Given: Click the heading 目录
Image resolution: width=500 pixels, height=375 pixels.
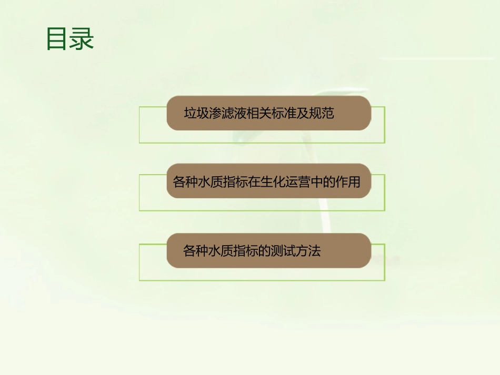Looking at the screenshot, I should (70, 39).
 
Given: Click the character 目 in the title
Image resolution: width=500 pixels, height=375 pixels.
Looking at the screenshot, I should (57, 39).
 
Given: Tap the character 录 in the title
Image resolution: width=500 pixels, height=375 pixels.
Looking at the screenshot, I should (82, 39).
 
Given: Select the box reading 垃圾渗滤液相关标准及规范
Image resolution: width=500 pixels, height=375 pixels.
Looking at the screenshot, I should (269, 113).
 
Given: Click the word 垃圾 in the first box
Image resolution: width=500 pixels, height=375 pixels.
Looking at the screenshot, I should (196, 113).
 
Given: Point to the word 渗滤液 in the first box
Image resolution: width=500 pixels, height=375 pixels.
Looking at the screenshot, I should (228, 113).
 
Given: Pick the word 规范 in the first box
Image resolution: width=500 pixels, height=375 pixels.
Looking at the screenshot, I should (322, 113).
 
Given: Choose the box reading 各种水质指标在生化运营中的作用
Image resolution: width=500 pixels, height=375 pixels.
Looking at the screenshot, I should (268, 181).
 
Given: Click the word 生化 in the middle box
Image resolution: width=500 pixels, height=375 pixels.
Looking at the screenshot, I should (274, 182).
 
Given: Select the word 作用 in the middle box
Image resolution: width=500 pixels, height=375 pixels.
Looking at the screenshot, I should (348, 182).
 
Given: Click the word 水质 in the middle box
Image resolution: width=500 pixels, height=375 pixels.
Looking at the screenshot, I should (211, 182).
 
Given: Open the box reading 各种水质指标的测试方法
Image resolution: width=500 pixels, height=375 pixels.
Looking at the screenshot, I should (269, 250).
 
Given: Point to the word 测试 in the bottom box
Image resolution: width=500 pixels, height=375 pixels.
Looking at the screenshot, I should (283, 251).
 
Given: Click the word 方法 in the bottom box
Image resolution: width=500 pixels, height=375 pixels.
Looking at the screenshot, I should (308, 251).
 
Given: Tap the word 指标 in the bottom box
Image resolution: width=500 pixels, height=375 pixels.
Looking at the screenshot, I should (245, 251).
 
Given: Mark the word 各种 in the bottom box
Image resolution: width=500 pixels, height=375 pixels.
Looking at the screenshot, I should (196, 251).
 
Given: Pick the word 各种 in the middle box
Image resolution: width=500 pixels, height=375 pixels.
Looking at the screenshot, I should (186, 182).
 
